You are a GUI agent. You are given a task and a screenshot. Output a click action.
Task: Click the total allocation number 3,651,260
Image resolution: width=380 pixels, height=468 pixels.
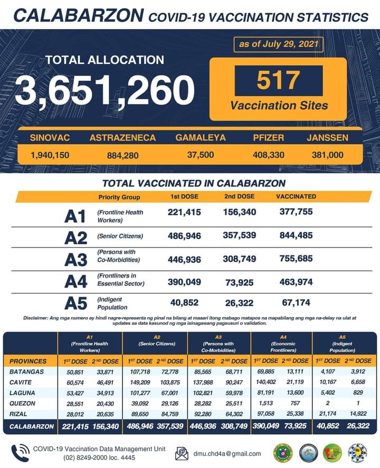tap(104, 90)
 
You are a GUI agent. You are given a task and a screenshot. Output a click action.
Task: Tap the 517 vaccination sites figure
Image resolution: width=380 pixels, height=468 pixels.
tap(278, 81)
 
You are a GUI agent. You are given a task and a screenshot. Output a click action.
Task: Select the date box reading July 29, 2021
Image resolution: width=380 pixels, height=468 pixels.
tap(278, 44)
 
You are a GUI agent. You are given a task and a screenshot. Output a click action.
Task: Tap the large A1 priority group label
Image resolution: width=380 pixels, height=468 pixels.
tap(75, 216)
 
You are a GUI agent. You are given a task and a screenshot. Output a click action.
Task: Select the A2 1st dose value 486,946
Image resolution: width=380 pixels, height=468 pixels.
tap(184, 236)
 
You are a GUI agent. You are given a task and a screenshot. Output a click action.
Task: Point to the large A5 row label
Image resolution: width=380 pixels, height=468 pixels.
tap(75, 303)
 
